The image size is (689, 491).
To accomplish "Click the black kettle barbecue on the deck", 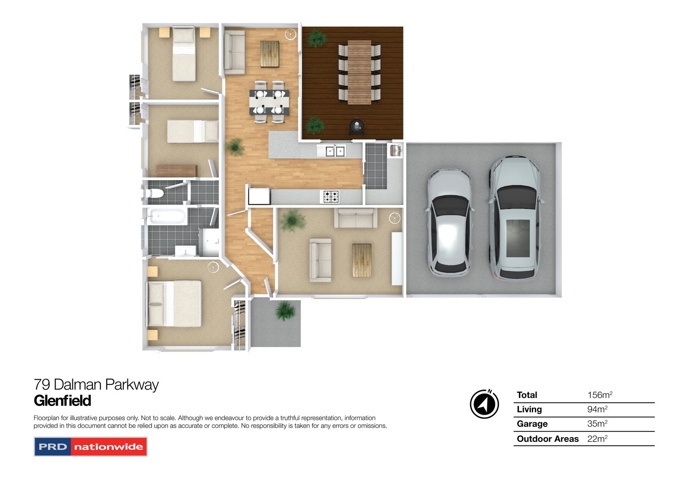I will tap(357, 126).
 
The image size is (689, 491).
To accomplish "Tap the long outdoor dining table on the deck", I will tap(359, 72).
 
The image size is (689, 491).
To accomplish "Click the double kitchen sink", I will tap(335, 151).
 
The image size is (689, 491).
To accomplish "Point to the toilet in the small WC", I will tap(153, 193).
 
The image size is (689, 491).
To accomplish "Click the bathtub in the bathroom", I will tap(167, 216).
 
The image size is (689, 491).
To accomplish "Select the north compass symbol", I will tap(484, 404).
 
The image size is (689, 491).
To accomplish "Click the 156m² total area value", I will tap(599, 395).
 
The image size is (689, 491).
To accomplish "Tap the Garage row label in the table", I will tap(532, 424).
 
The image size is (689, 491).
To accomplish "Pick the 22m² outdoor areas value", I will tap(597, 439).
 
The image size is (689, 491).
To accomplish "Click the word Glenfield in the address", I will tap(62, 400).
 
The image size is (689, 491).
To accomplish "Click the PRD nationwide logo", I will tap(90, 447).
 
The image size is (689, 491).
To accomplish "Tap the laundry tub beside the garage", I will tap(395, 150).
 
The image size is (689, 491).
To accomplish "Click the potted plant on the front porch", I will tap(285, 311).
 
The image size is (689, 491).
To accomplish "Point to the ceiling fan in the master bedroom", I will tap(213, 267).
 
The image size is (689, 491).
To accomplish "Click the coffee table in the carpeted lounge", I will tap(362, 260).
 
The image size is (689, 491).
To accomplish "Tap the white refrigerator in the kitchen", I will tap(259, 196).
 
